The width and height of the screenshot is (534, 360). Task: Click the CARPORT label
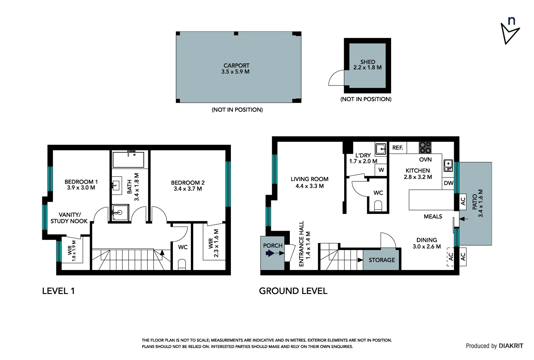click(x=236, y=66)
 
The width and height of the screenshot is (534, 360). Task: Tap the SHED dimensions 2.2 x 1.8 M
click(x=367, y=68)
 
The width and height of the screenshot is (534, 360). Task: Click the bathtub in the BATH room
click(x=128, y=160)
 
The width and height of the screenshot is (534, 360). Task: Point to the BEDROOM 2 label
click(x=188, y=183)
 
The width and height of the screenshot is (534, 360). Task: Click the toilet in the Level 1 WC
click(x=182, y=264)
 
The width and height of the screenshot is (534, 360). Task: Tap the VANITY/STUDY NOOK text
click(x=69, y=218)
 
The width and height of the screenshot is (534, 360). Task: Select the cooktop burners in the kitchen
click(x=425, y=147)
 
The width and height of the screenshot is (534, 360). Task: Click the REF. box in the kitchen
click(x=398, y=148)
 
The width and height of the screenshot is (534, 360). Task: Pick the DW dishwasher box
click(x=448, y=183)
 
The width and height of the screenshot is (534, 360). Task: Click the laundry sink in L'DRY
click(x=380, y=149)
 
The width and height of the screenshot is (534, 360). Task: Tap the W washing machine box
click(x=381, y=170)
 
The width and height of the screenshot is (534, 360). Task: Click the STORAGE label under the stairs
click(x=381, y=260)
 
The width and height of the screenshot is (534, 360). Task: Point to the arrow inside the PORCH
click(x=269, y=253)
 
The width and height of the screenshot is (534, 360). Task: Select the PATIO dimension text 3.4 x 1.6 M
click(x=480, y=203)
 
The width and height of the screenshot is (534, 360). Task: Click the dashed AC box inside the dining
click(x=450, y=257)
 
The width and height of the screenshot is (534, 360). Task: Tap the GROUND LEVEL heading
click(x=293, y=291)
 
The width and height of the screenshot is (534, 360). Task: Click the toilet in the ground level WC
click(x=378, y=205)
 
